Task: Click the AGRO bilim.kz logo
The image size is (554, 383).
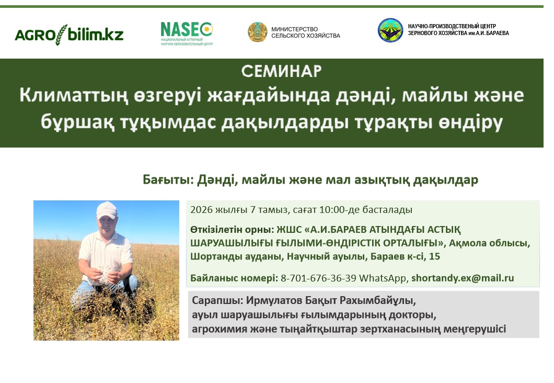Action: (69, 35)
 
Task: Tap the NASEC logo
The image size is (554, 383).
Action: (187, 33)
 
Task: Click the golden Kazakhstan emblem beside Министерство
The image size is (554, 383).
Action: (257, 32)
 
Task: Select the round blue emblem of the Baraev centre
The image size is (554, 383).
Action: (390, 30)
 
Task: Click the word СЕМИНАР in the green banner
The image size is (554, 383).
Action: (282, 71)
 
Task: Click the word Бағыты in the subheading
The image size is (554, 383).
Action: (168, 179)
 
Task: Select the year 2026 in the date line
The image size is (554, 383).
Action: (201, 210)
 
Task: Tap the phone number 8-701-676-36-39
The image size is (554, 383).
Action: (318, 278)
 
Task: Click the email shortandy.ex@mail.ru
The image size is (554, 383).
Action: (463, 278)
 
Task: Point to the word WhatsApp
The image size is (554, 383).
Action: (384, 278)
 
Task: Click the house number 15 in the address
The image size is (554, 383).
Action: (435, 256)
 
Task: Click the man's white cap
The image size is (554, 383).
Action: (107, 210)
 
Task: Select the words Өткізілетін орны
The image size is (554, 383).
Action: (232, 230)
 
